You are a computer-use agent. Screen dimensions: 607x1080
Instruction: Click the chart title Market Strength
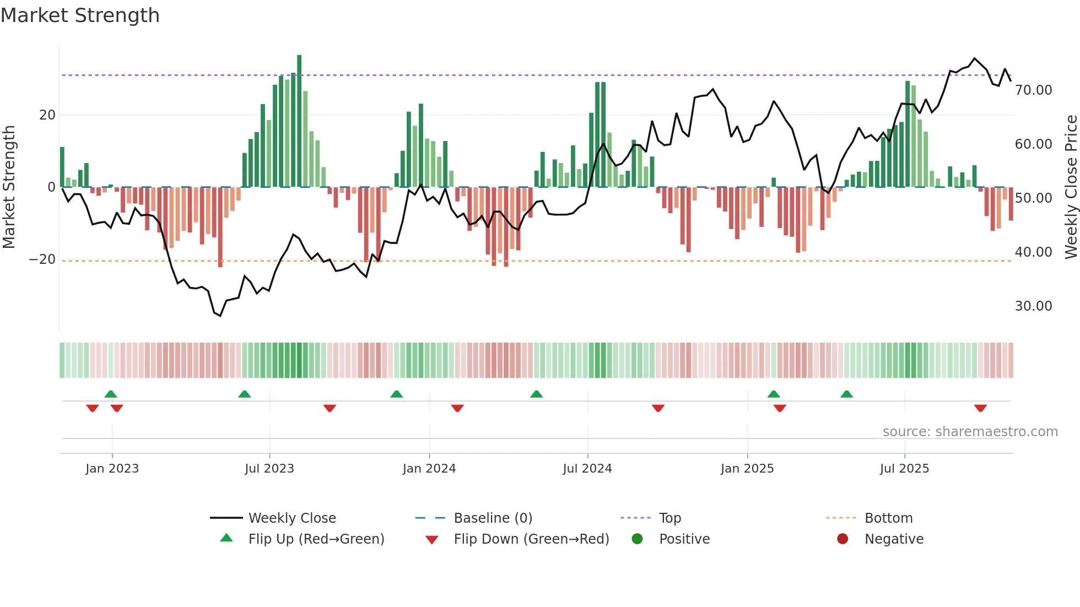(x=80, y=15)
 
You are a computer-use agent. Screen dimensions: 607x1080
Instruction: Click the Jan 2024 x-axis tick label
(x=429, y=469)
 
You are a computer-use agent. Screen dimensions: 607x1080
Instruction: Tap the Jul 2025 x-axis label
(x=904, y=469)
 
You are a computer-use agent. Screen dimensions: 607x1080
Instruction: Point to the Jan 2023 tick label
(x=112, y=469)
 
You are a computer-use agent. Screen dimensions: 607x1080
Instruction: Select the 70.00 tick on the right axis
(x=1033, y=90)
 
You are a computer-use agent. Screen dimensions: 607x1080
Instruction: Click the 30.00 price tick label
(x=1033, y=306)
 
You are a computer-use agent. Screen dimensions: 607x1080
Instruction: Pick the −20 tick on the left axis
(x=42, y=259)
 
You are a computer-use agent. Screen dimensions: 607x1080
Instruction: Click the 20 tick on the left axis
(x=47, y=115)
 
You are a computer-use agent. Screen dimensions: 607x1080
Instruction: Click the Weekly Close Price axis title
(x=1071, y=187)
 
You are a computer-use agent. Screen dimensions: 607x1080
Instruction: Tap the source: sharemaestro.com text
(x=970, y=432)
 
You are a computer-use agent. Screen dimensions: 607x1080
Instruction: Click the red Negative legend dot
(x=843, y=539)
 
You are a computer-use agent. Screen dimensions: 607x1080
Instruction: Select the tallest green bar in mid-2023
(x=299, y=121)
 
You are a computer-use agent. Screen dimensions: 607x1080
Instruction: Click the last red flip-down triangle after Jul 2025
(x=980, y=408)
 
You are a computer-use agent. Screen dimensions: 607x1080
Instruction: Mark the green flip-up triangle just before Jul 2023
(x=245, y=394)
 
